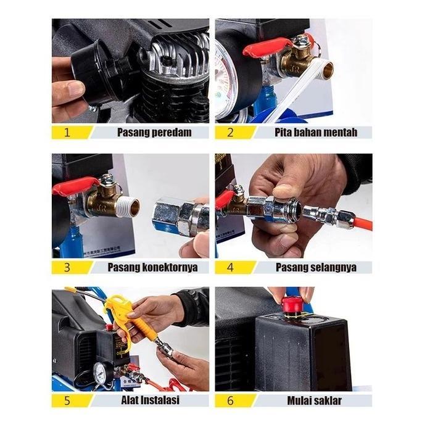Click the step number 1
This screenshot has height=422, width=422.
click(x=67, y=133)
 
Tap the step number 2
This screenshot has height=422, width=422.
click(x=230, y=133)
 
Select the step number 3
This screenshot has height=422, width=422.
click(x=67, y=268)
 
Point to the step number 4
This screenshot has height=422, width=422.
click(x=230, y=268)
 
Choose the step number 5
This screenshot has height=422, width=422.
click(x=67, y=400)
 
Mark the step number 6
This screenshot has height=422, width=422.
click(x=230, y=400)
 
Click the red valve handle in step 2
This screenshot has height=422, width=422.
click(x=267, y=48)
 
